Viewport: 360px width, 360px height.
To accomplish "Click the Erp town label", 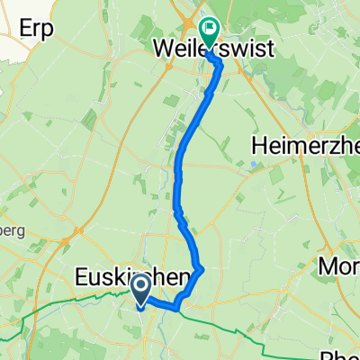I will point(40,28).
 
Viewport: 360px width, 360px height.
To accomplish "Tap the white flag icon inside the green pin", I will point(210,27).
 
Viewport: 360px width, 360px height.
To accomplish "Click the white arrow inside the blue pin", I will point(141,287).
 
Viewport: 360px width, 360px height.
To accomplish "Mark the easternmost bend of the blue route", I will point(202,268).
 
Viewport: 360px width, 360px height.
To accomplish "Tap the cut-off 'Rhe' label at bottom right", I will point(345,352).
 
